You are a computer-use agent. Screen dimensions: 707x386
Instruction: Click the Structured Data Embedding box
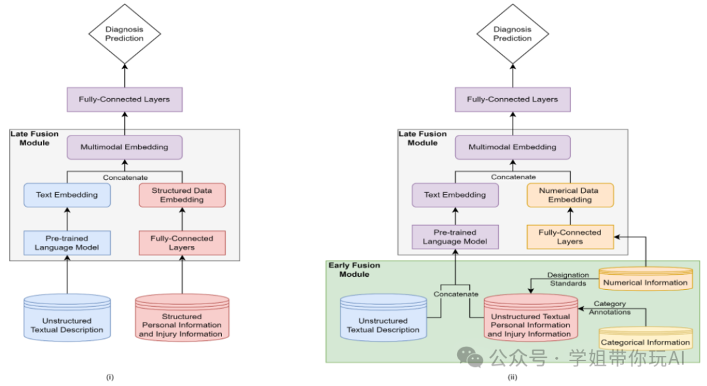pos(182,195)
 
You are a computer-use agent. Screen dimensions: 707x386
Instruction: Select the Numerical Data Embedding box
pos(570,195)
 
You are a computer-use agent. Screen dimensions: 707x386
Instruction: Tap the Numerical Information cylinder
pos(645,279)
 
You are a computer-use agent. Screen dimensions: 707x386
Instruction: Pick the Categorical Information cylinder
pos(645,339)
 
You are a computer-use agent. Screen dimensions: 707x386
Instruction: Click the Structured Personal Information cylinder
pos(182,317)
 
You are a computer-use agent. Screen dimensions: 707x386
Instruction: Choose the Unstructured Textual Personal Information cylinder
pos(531,317)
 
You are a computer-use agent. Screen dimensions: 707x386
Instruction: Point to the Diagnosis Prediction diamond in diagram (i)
pos(124,34)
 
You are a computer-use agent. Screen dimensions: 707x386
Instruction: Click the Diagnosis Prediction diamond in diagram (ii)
pos(513,34)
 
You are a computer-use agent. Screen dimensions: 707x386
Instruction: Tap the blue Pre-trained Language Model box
pos(67,243)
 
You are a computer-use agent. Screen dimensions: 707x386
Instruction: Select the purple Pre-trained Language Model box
pos(455,237)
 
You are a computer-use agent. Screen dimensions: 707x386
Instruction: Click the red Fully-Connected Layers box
pos(182,243)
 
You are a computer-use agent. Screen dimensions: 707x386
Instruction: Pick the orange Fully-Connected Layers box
pos(570,237)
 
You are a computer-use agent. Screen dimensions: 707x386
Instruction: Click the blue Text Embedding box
pos(67,195)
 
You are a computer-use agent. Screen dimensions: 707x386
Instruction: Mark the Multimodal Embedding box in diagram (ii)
pos(513,147)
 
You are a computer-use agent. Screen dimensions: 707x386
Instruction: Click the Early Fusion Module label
pos(354,270)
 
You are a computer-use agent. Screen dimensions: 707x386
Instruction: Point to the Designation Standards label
pos(568,279)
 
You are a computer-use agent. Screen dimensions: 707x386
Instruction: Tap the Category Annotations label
pos(609,307)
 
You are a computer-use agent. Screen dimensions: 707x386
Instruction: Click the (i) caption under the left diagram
pos(110,377)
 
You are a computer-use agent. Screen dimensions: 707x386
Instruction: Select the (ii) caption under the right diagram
pos(513,377)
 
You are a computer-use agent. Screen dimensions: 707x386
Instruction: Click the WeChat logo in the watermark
pos(470,357)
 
